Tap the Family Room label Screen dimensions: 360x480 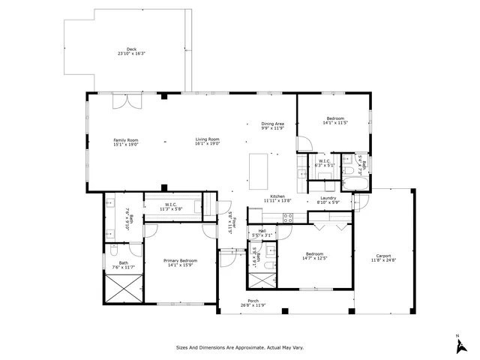[x=126, y=139]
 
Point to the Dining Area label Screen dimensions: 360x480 [x=272, y=124]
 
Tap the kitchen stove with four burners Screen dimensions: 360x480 [x=286, y=217]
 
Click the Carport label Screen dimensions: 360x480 [x=383, y=257]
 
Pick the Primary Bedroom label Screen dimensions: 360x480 [x=180, y=260]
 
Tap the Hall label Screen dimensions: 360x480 [x=262, y=231]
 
